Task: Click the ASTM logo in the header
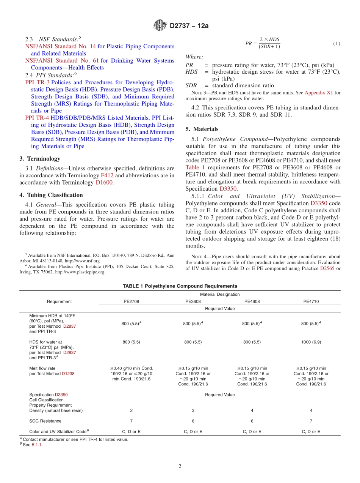[160, 25]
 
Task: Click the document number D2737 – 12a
[189, 26]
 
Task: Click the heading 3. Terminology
[39, 159]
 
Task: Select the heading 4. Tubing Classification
[51, 195]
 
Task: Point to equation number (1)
[337, 44]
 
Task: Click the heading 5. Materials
[202, 129]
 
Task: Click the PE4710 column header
[311, 301]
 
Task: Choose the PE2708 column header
[131, 301]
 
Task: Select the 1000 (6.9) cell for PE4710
[311, 342]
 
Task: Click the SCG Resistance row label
[45, 421]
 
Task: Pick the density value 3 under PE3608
[193, 410]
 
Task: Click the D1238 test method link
[68, 374]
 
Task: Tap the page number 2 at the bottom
[180, 467]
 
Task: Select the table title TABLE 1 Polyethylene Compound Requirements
[180, 286]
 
